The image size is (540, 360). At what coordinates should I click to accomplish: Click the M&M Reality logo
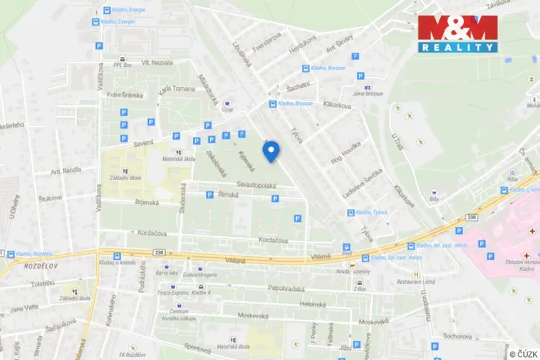(458, 33)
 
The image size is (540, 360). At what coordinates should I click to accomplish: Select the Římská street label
(228, 195)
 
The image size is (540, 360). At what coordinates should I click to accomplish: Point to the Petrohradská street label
(282, 288)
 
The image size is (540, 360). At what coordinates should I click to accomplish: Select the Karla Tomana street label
(177, 88)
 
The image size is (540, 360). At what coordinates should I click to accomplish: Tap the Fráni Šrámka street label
(125, 95)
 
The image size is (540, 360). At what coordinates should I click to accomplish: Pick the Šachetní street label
(297, 85)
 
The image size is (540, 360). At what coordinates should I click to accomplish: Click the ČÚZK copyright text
(522, 353)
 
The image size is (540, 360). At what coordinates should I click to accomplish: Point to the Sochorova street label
(457, 336)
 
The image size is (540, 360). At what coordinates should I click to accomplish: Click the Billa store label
(434, 198)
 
